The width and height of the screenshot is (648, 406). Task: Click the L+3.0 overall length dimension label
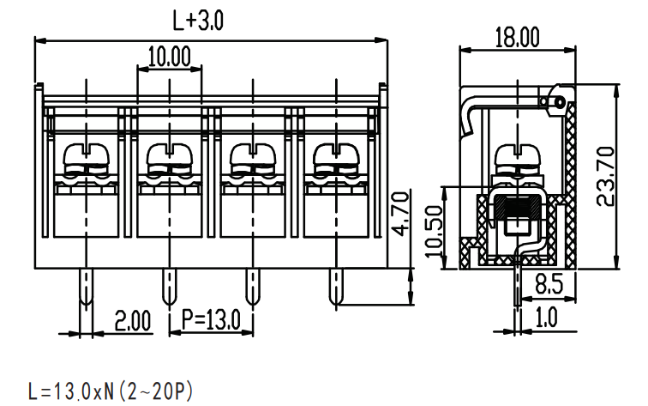[198, 21]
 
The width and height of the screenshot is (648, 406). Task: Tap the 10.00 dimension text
[170, 57]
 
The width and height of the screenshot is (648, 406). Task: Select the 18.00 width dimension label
[517, 37]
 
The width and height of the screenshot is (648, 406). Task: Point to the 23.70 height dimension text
[607, 176]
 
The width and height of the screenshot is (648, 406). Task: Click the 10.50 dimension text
[434, 231]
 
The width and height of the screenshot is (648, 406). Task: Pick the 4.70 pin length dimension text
[400, 214]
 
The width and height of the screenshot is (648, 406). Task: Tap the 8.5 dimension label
[549, 284]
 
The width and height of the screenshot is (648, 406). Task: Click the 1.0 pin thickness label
[546, 318]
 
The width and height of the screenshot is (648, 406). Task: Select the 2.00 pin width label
[133, 321]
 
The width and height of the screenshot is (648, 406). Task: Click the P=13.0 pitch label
[211, 319]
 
